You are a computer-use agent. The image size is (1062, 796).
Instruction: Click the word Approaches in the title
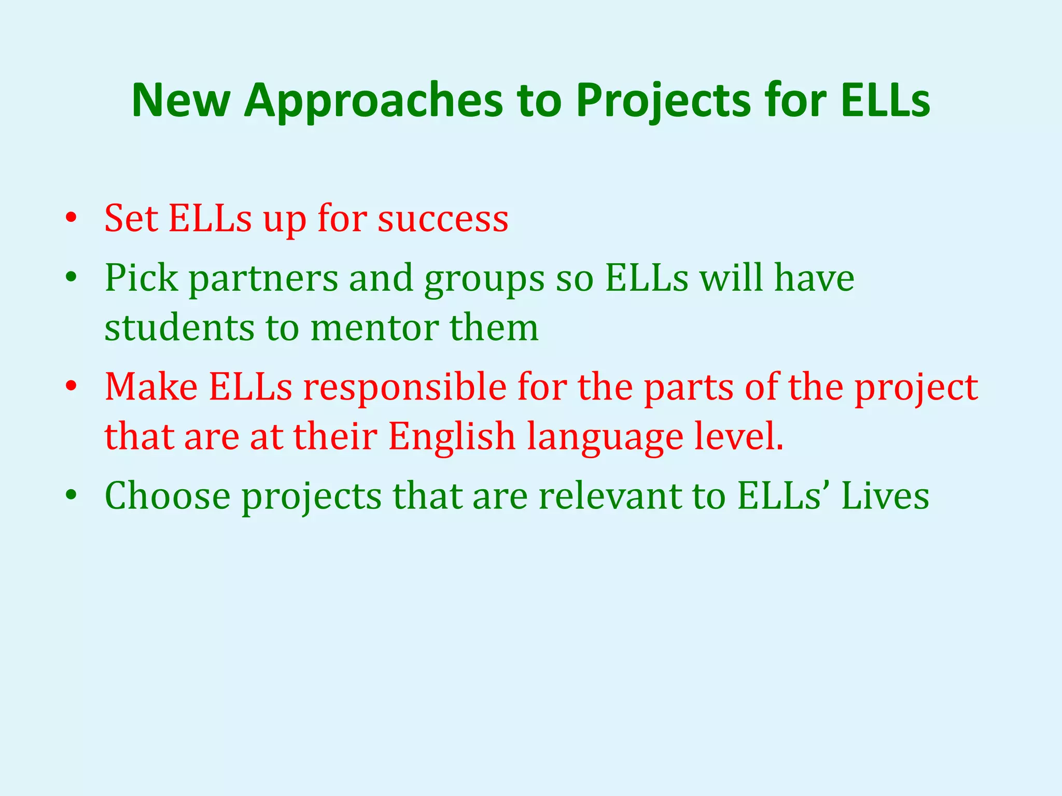(x=373, y=101)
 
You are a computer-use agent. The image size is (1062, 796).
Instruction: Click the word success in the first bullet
(x=443, y=219)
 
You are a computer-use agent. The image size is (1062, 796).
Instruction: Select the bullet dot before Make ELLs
(x=72, y=386)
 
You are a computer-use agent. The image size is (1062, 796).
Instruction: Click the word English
(x=452, y=436)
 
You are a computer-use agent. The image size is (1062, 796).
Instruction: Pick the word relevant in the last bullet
(x=610, y=496)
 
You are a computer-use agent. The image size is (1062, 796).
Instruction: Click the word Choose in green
(x=167, y=496)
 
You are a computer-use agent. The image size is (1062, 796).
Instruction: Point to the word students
(x=179, y=328)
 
